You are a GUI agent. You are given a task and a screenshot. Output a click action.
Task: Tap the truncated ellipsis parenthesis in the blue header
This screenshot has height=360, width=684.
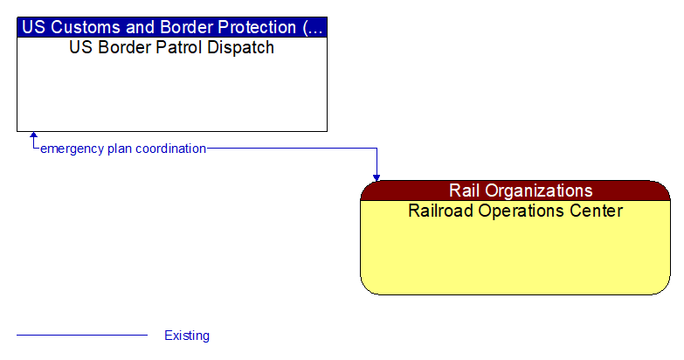313,26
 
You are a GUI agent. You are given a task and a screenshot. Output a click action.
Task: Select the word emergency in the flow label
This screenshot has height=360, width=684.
72,149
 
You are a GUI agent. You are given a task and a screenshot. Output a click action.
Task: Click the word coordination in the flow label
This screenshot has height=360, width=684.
172,149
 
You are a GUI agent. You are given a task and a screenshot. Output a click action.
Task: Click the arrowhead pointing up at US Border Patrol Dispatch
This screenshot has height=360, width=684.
33,136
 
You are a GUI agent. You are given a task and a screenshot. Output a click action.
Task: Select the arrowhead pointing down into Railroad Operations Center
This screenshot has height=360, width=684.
377,177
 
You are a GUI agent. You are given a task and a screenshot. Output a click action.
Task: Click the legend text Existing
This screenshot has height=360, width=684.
187,336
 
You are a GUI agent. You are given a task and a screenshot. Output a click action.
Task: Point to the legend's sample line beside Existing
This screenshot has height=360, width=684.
82,335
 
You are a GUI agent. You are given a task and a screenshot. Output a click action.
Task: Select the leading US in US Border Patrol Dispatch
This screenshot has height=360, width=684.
80,48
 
